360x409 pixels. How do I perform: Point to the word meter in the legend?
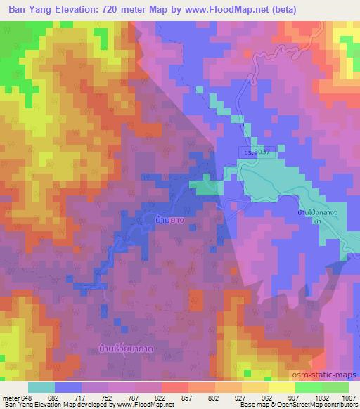click(11, 398)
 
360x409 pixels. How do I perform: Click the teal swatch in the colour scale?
click(41, 387)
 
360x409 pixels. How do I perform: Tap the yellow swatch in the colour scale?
click(281, 387)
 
